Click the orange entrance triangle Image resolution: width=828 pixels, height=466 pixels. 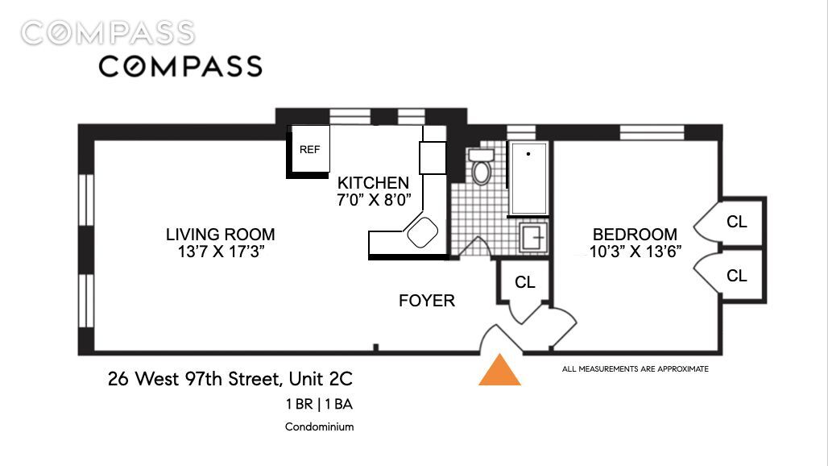click(499, 370)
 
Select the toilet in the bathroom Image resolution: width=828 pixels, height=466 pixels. click(481, 166)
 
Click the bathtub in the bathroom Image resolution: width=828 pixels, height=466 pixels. click(528, 179)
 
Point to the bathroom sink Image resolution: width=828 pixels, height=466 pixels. click(533, 237)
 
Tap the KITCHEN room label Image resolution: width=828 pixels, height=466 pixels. click(374, 183)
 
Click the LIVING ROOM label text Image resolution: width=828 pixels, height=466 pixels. click(220, 234)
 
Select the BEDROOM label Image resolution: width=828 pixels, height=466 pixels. click(635, 234)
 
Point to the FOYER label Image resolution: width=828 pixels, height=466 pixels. click(427, 301)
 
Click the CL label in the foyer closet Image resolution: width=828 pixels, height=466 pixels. click(525, 282)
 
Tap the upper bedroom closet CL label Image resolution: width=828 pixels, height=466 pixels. click(737, 222)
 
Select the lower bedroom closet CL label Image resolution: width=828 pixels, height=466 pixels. click(737, 275)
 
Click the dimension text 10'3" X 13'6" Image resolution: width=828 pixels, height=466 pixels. click(635, 252)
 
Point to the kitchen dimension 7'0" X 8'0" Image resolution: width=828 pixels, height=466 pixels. click(374, 200)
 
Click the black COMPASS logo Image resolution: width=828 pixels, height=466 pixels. click(180, 67)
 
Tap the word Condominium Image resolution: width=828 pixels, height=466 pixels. click(320, 426)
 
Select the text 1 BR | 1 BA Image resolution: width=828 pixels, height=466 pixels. click(320, 404)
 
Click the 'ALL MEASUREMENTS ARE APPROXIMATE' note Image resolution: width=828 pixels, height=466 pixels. click(635, 368)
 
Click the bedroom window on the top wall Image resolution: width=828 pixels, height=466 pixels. click(652, 132)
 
